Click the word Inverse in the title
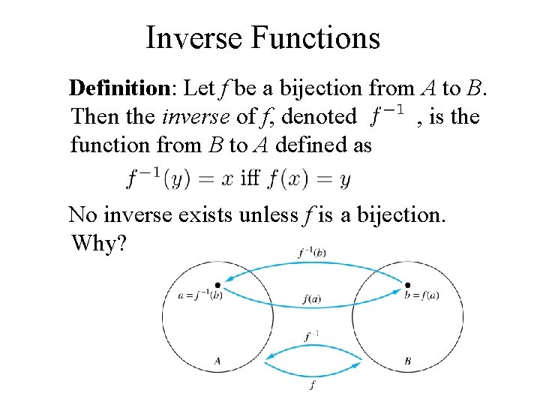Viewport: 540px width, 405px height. [196, 37]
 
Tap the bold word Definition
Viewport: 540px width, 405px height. [121, 88]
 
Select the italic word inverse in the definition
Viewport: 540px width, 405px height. [194, 116]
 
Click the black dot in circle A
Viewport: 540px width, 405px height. [217, 285]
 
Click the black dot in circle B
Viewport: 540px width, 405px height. [407, 285]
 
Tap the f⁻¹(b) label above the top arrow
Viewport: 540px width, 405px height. [310, 253]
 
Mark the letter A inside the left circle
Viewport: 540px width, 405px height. [217, 361]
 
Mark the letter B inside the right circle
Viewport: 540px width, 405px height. [407, 361]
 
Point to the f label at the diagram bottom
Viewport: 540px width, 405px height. [313, 385]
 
